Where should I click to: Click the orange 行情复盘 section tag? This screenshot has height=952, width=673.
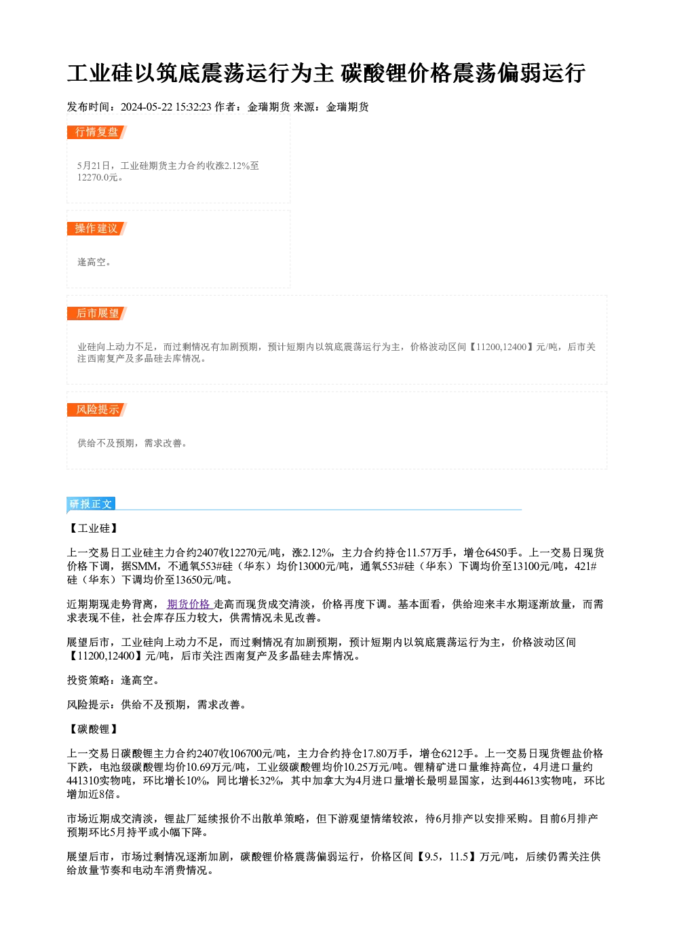[97, 132]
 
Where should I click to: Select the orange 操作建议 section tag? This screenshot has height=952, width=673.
[97, 229]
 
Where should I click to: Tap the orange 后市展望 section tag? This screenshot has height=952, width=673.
[97, 313]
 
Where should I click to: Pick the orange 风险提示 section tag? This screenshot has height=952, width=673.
[97, 410]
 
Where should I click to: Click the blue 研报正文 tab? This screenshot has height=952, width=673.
[91, 503]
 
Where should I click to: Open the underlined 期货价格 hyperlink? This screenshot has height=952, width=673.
[189, 604]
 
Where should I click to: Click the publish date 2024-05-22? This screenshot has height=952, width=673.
[147, 107]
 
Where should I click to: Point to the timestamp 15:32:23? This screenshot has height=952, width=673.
[193, 107]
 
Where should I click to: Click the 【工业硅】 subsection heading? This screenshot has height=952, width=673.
[94, 529]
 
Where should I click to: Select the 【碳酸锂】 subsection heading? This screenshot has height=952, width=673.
[94, 729]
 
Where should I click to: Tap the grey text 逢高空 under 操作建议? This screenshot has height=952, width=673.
[92, 262]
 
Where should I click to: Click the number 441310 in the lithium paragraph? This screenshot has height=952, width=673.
[83, 781]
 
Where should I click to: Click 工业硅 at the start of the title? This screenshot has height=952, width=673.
[100, 73]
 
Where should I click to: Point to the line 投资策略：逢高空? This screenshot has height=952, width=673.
[113, 680]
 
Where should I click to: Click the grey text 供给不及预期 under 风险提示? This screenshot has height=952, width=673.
[105, 443]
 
